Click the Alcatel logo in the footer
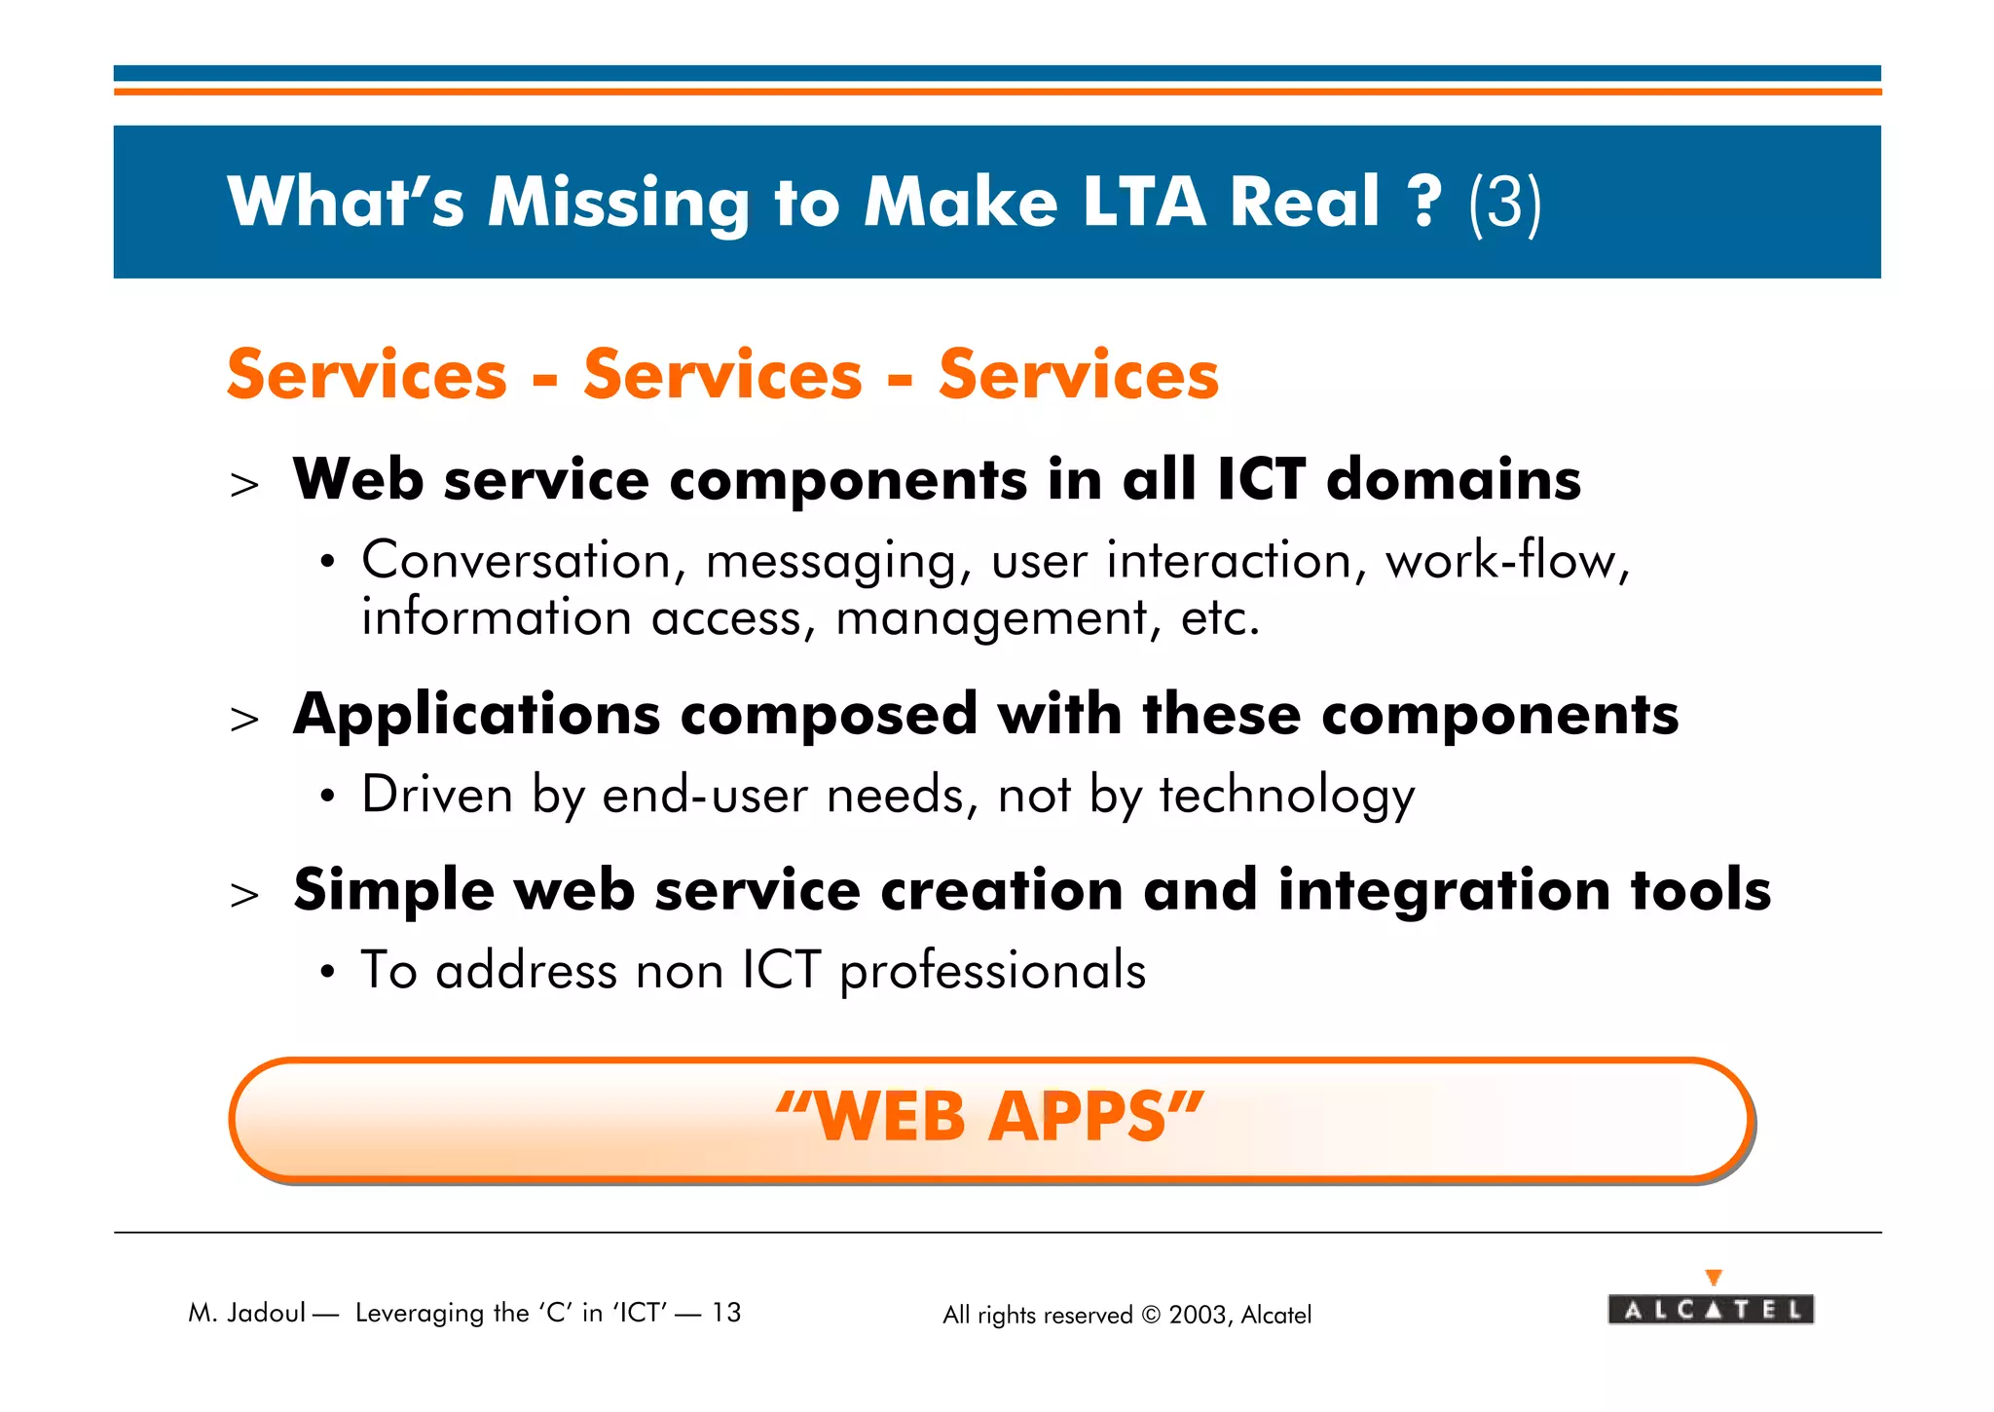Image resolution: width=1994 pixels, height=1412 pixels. pyautogui.click(x=1711, y=1308)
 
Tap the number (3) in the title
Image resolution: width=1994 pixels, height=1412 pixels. pyautogui.click(x=1504, y=204)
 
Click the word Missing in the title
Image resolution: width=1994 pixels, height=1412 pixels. pyautogui.click(x=617, y=204)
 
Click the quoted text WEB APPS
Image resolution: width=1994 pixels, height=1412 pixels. pyautogui.click(x=990, y=1118)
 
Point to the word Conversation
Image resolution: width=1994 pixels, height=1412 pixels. pyautogui.click(x=516, y=562)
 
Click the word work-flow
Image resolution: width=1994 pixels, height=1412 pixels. pyautogui.click(x=1506, y=562)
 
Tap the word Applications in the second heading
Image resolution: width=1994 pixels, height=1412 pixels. pyautogui.click(x=476, y=716)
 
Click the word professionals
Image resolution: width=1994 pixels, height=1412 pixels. pyautogui.click(x=992, y=972)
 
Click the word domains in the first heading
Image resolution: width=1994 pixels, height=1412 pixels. pyautogui.click(x=1453, y=480)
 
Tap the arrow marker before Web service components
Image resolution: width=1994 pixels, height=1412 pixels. pyautogui.click(x=244, y=485)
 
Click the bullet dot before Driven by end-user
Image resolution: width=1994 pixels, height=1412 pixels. pyautogui.click(x=328, y=798)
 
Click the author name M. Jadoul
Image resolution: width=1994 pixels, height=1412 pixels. pyautogui.click(x=247, y=1314)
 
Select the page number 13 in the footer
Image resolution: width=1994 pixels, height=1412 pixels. pyautogui.click(x=725, y=1314)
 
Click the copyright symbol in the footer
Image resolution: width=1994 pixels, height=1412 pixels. pyautogui.click(x=1150, y=1316)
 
